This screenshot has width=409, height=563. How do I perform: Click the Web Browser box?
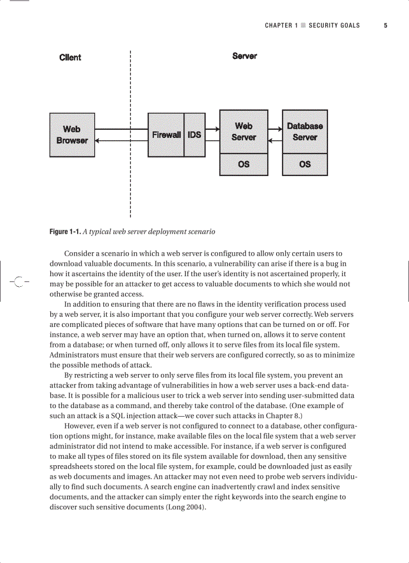coord(72,135)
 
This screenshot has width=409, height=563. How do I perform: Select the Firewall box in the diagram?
coord(166,135)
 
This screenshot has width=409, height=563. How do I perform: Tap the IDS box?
coord(194,135)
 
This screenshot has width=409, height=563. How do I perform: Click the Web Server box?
coord(244,132)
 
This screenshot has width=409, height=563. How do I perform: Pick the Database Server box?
coord(305,132)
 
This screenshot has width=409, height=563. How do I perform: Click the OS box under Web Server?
coord(244,164)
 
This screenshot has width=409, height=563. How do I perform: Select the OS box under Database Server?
coord(305,164)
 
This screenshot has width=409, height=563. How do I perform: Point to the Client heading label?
coord(70,57)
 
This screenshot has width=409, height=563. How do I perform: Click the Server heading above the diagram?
coord(245,56)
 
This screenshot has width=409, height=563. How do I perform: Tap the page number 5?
coord(385,26)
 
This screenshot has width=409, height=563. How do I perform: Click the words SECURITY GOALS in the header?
coord(334,26)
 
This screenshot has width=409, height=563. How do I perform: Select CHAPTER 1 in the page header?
coord(282,26)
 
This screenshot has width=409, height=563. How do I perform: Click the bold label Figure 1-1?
coord(65,232)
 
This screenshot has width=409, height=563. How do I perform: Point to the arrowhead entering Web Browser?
coord(98,141)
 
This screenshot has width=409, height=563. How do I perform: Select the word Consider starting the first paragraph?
coord(79,254)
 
